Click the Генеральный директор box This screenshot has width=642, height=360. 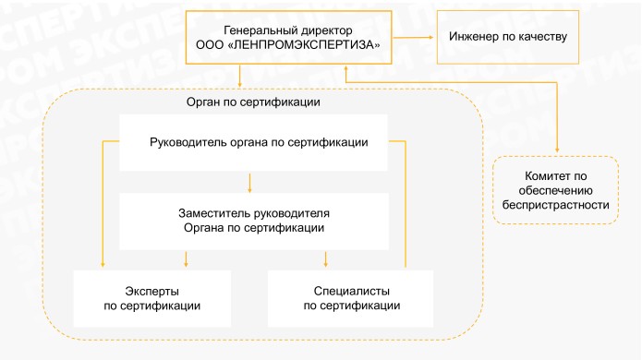click(x=288, y=37)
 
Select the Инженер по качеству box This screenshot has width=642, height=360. click(x=507, y=37)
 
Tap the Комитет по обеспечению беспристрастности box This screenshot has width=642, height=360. click(x=554, y=190)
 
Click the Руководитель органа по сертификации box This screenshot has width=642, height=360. click(x=253, y=142)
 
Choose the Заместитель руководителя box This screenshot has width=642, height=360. click(x=253, y=220)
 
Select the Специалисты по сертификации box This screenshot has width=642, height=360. click(x=351, y=297)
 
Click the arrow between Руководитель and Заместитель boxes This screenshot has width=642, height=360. click(x=250, y=182)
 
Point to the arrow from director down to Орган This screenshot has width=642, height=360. click(x=240, y=75)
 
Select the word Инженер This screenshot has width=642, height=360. click(x=473, y=37)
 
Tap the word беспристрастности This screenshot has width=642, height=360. click(x=554, y=205)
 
